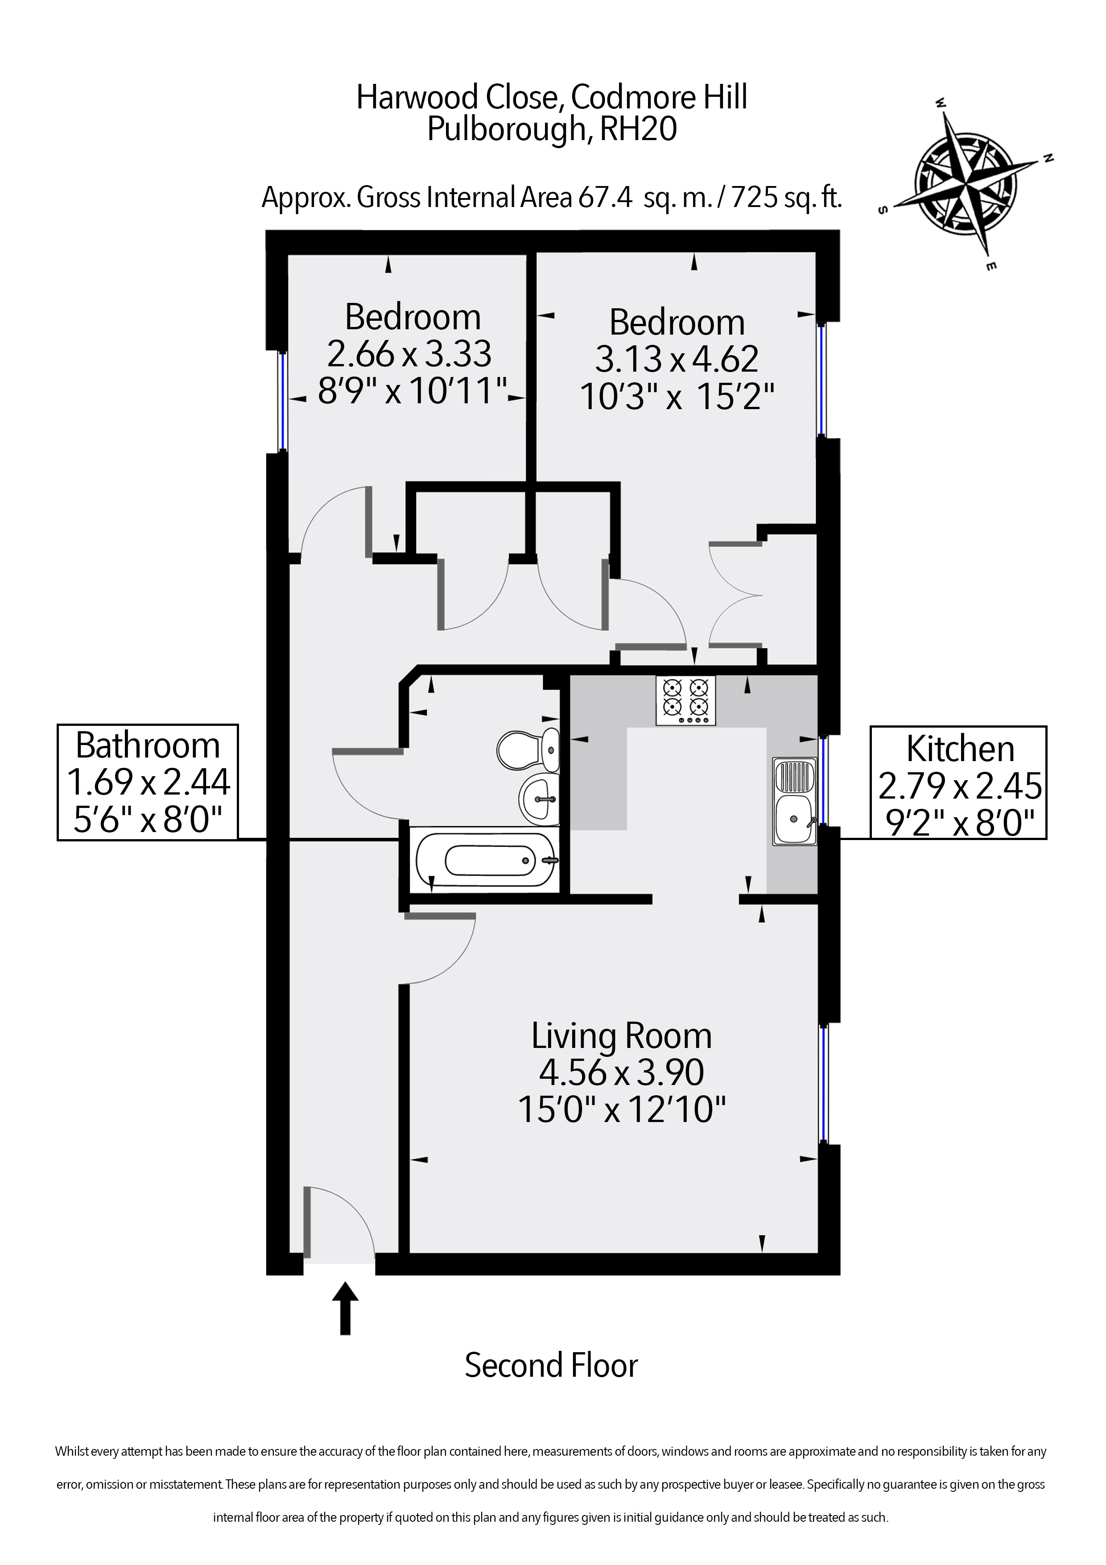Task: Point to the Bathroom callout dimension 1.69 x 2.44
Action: pos(148,782)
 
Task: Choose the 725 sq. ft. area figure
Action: pos(785,198)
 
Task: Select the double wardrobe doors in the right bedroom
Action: pos(736,594)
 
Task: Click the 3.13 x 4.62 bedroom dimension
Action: pos(676,359)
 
